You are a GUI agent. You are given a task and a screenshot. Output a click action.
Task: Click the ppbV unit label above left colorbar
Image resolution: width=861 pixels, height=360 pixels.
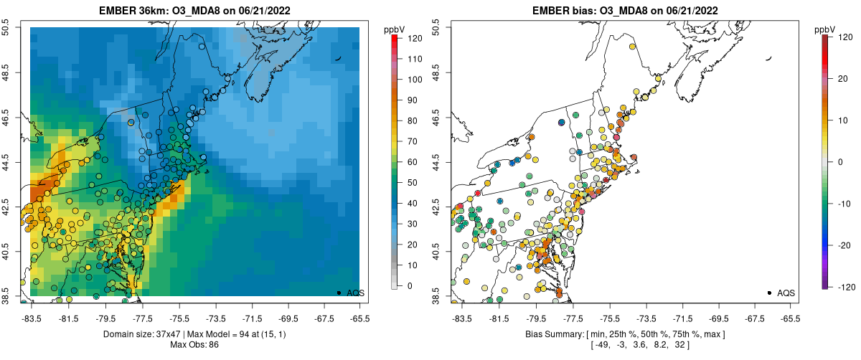coord(395,29)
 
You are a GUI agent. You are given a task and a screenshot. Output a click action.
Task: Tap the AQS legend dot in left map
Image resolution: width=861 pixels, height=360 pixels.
coord(339,293)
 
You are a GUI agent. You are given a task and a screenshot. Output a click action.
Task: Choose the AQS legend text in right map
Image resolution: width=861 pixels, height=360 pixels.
coord(786,293)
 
